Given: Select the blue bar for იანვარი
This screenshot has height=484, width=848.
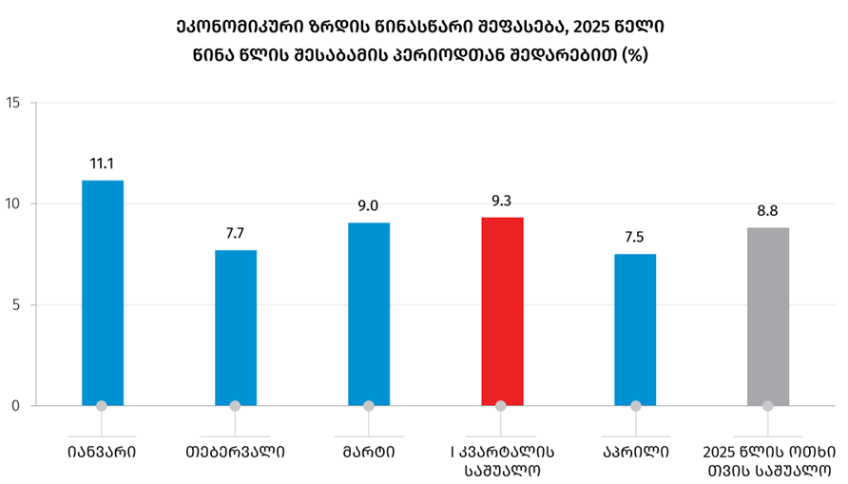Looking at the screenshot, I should tap(102, 293).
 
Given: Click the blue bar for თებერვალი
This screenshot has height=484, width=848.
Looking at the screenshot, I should tap(235, 328).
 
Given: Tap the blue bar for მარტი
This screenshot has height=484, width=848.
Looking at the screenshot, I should tap(369, 314).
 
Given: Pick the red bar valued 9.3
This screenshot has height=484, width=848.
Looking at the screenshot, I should tap(502, 311).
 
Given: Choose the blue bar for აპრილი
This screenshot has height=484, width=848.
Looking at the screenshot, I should tap(635, 329).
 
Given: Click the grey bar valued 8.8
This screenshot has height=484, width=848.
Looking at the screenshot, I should tap(768, 317).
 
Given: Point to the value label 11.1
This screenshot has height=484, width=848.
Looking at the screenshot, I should tap(102, 164).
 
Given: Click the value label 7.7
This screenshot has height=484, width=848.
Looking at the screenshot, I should tap(235, 233).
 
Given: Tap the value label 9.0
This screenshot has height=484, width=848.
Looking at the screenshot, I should tap(369, 206).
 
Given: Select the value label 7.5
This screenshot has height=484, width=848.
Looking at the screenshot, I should tap(635, 237).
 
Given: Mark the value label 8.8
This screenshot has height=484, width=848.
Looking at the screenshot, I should tap(768, 211).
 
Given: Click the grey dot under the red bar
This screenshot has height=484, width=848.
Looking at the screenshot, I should tap(502, 406).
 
